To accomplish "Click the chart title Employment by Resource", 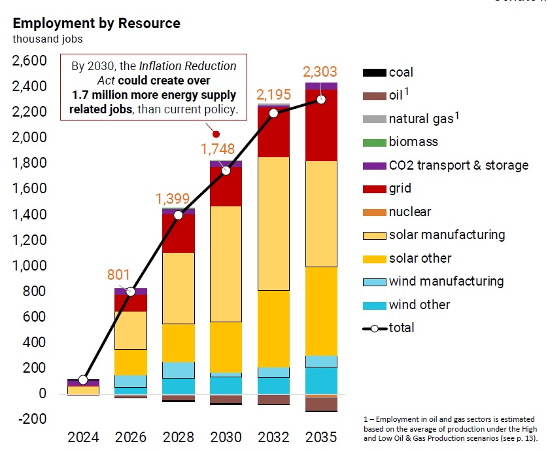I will coord(96,24).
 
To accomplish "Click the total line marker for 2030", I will coord(226,170).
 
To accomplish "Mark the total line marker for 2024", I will coord(82,380).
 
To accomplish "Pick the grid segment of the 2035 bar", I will coord(321,125).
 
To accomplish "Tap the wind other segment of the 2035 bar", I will coord(321,381).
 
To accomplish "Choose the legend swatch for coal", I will coord(373,73).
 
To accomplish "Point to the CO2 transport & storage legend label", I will coord(458,165).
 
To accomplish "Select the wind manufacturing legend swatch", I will coord(373,282).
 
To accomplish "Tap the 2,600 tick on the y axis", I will coord(29,61).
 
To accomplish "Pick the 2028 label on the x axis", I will coord(178,437).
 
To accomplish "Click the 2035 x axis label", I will coord(321,437).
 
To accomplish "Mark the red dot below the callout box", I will coord(216,134).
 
